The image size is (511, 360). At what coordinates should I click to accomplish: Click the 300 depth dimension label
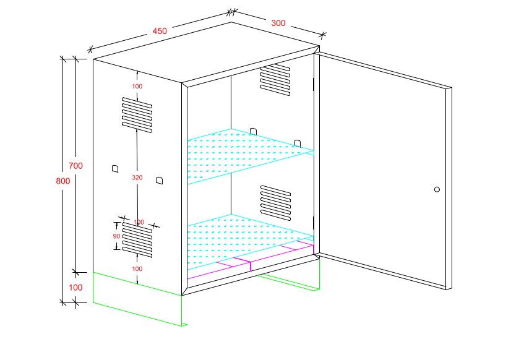pyautogui.click(x=278, y=23)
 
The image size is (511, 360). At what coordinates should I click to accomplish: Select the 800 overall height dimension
pyautogui.click(x=62, y=181)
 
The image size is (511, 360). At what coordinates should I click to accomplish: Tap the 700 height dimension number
pyautogui.click(x=75, y=166)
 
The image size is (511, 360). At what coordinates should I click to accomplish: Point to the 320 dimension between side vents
pyautogui.click(x=137, y=178)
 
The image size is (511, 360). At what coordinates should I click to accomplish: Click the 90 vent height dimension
pyautogui.click(x=116, y=236)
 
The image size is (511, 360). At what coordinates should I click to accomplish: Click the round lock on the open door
pyautogui.click(x=437, y=189)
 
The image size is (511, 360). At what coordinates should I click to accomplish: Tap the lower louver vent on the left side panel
pyautogui.click(x=137, y=240)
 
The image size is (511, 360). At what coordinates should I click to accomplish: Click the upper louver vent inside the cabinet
pyautogui.click(x=275, y=79)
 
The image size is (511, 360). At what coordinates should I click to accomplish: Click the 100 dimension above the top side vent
pyautogui.click(x=137, y=86)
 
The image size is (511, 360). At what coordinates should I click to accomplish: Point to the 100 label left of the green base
pyautogui.click(x=75, y=288)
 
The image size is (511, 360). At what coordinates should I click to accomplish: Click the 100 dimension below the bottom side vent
pyautogui.click(x=137, y=269)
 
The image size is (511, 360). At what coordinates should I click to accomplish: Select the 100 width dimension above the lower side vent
pyautogui.click(x=139, y=222)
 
